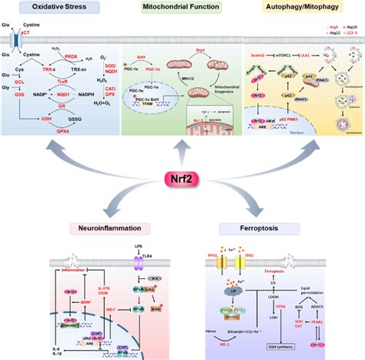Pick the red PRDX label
click(x=72, y=56)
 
